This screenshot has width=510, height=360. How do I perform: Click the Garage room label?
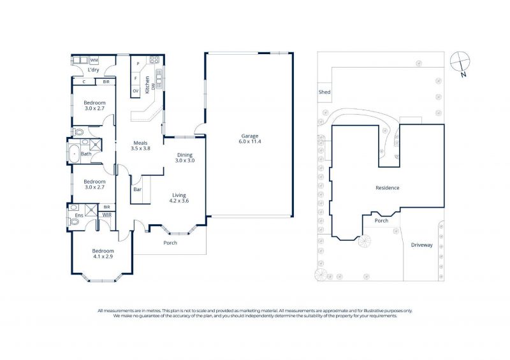(249, 138)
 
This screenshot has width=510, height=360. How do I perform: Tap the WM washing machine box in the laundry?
(94, 60)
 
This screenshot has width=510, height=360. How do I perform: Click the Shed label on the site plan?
(324, 92)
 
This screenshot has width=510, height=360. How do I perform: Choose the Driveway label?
(421, 245)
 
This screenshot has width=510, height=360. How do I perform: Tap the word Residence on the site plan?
(387, 187)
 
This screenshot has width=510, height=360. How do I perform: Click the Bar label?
(137, 189)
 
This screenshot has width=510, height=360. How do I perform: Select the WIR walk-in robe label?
(106, 215)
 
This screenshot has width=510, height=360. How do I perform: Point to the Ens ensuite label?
(79, 215)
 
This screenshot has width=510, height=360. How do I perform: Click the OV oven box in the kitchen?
(136, 90)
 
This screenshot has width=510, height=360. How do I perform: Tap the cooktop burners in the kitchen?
(154, 59)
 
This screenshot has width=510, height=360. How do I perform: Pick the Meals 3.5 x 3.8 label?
(140, 145)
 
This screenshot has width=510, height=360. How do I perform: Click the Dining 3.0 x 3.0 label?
(185, 158)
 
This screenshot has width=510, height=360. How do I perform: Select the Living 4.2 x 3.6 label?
(179, 198)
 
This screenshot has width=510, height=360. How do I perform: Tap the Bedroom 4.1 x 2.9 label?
(103, 254)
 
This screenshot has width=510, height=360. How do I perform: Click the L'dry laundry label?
(93, 70)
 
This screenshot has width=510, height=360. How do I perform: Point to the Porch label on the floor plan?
(170, 243)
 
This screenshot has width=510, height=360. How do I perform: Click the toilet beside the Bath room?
(78, 132)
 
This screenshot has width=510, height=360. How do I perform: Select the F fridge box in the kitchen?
(136, 78)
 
